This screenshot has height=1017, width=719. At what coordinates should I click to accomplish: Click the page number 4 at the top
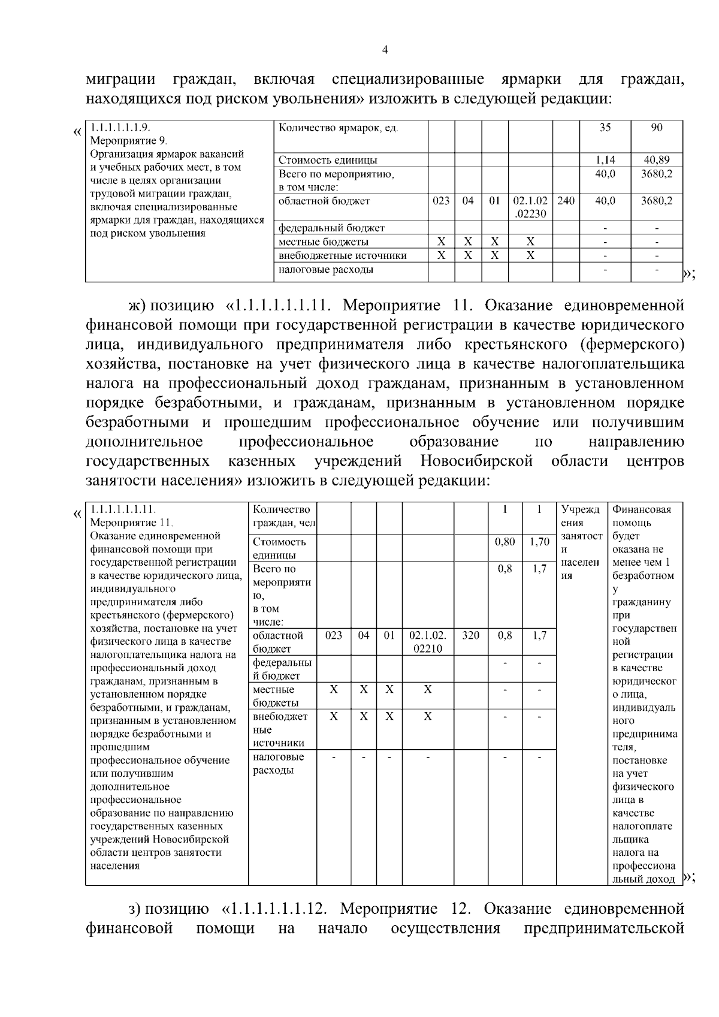[385, 50]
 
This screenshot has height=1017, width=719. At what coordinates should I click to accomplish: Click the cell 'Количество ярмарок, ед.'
[339, 128]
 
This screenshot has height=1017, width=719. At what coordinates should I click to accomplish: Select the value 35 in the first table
[605, 128]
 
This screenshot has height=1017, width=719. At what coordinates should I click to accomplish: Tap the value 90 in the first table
[657, 128]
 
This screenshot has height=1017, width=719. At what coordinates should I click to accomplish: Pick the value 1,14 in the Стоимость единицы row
[605, 160]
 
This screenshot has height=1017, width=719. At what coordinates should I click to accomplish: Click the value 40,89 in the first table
[657, 160]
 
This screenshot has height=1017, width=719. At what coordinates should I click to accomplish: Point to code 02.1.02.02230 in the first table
[530, 207]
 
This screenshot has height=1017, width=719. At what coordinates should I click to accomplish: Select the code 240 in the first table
[566, 201]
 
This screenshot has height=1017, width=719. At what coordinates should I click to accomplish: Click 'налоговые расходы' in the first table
[326, 270]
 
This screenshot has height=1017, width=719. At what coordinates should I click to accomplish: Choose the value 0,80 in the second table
[505, 542]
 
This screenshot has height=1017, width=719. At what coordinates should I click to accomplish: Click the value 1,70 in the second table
[540, 542]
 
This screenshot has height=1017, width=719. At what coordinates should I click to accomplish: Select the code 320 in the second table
[471, 635]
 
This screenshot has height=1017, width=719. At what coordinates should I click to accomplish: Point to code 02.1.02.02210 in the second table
[428, 642]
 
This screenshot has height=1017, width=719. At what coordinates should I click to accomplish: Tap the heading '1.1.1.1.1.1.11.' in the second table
[123, 510]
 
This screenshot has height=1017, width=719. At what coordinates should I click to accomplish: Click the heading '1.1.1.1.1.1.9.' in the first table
[120, 128]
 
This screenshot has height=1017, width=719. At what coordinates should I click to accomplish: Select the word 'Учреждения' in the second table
[581, 517]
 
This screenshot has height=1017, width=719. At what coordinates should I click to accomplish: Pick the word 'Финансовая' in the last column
[642, 510]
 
